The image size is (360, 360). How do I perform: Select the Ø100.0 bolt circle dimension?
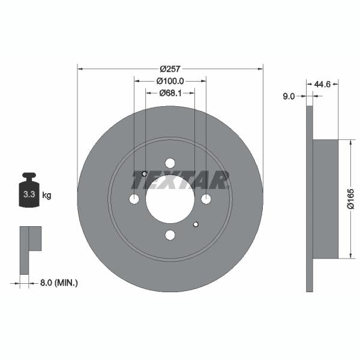(x=170, y=80)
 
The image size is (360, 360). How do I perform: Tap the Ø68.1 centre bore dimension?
(x=170, y=93)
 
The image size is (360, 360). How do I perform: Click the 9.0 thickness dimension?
(x=289, y=95)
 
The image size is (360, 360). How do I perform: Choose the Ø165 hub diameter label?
(x=351, y=199)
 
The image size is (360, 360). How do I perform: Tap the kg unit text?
(x=47, y=195)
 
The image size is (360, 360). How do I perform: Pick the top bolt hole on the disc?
(x=170, y=163)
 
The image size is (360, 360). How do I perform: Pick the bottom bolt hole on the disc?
(x=170, y=235)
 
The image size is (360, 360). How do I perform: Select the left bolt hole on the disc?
(x=134, y=199)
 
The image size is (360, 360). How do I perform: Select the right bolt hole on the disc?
(x=206, y=199)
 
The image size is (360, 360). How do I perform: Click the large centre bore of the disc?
(x=170, y=199)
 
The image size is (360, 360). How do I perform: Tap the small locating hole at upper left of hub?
(x=145, y=174)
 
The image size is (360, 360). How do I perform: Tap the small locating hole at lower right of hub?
(x=196, y=224)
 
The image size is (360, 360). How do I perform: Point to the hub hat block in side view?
(x=325, y=199)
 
